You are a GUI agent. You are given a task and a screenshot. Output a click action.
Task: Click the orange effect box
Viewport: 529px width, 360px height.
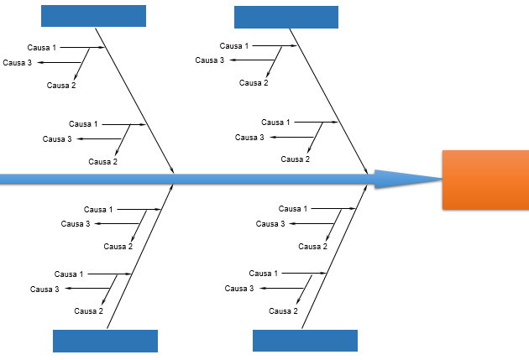click(x=485, y=180)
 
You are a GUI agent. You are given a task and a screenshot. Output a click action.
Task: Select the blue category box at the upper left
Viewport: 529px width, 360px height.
click(x=93, y=16)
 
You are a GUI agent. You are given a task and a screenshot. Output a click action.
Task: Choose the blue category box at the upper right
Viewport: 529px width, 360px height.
click(x=285, y=17)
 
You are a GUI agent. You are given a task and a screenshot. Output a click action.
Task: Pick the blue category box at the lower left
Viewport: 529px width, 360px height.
click(x=105, y=341)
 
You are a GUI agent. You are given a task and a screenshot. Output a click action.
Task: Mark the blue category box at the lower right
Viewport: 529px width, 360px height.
click(x=305, y=341)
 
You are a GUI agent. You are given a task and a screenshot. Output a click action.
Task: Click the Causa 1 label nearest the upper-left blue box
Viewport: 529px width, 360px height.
click(x=43, y=47)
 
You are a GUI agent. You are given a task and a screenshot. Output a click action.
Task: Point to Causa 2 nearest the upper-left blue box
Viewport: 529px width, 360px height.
click(x=61, y=86)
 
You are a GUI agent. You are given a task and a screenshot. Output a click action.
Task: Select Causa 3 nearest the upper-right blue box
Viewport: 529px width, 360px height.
click(x=210, y=60)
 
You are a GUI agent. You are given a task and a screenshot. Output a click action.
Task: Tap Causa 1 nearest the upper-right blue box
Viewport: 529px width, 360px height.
click(x=234, y=45)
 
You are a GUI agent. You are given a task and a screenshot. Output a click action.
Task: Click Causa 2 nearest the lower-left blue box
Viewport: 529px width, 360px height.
click(x=88, y=311)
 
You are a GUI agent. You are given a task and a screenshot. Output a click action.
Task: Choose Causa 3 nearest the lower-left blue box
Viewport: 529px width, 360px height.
click(x=45, y=290)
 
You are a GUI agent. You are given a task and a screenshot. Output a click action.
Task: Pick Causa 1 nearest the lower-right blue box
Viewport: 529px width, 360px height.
click(x=264, y=274)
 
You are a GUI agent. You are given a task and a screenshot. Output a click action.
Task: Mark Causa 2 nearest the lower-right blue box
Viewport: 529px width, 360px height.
click(x=283, y=311)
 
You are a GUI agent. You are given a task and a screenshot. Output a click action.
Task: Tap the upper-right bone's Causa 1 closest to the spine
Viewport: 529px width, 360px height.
click(x=275, y=123)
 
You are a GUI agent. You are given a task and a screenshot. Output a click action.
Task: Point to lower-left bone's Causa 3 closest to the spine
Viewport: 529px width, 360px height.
click(x=76, y=224)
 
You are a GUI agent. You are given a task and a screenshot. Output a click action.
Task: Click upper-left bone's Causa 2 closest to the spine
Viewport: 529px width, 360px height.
click(x=102, y=161)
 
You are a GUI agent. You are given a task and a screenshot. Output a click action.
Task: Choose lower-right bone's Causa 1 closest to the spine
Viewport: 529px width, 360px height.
click(x=293, y=209)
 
